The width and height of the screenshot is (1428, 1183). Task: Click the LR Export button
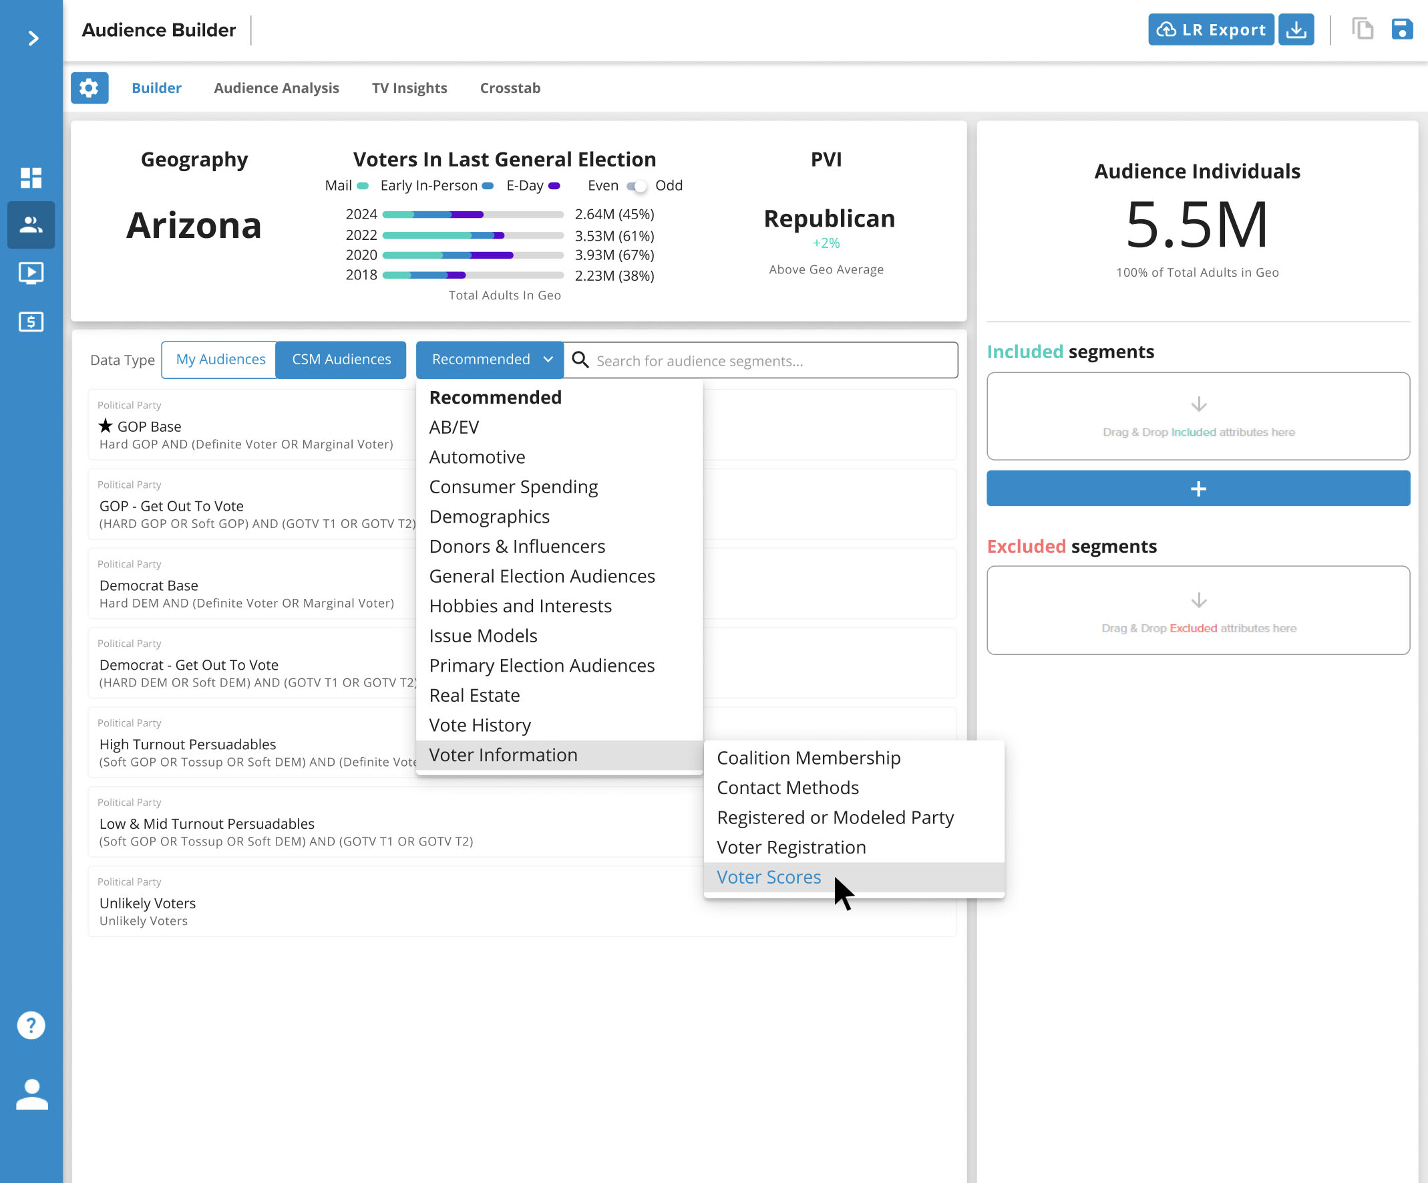[1210, 30]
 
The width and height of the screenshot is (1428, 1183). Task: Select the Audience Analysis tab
[276, 88]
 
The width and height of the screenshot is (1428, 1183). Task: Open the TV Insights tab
[409, 88]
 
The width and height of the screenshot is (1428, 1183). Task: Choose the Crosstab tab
[510, 88]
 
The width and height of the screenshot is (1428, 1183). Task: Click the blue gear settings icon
[89, 88]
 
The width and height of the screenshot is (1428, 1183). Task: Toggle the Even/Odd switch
[637, 186]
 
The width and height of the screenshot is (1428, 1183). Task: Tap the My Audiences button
[220, 359]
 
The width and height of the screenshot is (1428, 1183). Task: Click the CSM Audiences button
[341, 359]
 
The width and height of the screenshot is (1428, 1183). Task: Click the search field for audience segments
[768, 360]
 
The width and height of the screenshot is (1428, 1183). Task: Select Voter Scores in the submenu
[768, 877]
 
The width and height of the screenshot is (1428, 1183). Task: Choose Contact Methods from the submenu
[787, 788]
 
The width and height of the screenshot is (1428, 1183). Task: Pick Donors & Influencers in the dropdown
[517, 546]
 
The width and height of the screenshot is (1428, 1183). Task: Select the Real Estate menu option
[474, 695]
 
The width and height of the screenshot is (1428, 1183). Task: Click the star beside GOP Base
[106, 426]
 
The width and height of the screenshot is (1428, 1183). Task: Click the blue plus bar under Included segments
[1198, 489]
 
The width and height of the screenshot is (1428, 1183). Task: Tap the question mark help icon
[31, 1025]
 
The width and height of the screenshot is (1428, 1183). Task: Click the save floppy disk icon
[1401, 30]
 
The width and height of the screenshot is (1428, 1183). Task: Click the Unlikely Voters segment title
[148, 903]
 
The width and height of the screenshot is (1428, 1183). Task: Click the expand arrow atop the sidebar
[33, 38]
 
